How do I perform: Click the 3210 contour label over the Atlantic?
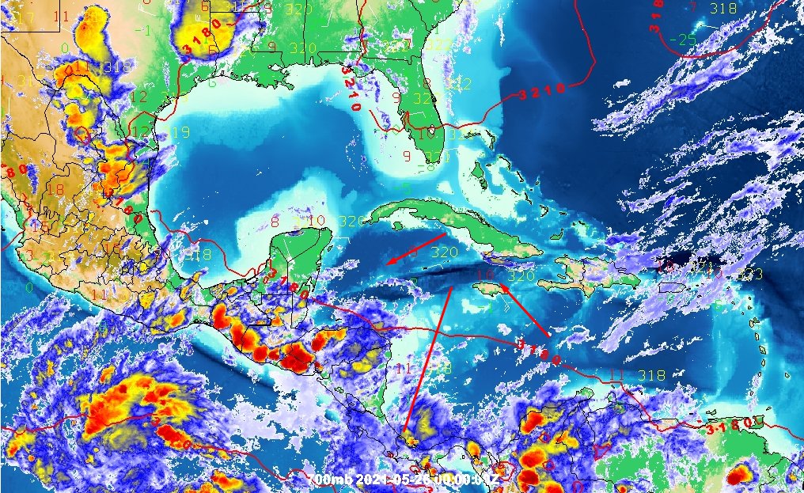pos(543,93)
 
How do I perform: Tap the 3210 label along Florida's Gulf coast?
pos(351,88)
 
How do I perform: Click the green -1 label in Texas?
pos(143,29)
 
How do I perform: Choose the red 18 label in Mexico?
pos(55,189)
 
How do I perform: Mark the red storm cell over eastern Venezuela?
pos(739,476)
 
